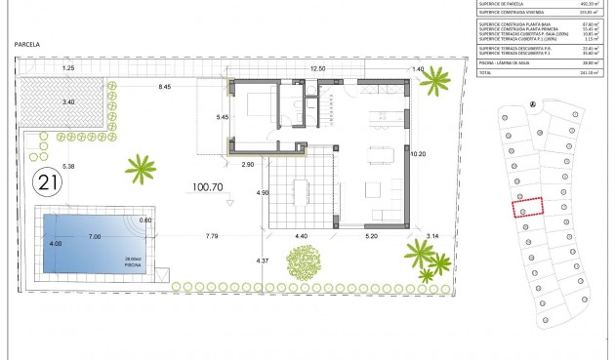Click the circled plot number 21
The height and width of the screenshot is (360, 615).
(46, 181)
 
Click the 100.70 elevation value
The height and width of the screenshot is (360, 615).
(209, 186)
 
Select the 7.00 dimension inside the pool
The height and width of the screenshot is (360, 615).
(94, 237)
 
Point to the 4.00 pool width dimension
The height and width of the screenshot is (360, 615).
(56, 244)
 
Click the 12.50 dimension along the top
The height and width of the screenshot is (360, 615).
(317, 69)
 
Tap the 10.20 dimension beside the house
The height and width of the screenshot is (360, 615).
(419, 153)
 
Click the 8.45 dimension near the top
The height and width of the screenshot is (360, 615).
(165, 88)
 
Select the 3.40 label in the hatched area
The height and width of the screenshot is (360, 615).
(67, 100)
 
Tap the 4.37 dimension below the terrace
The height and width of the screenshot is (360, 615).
(262, 260)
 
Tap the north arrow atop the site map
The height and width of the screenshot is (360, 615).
(532, 105)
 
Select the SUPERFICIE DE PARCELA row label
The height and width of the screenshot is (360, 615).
(506, 4)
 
